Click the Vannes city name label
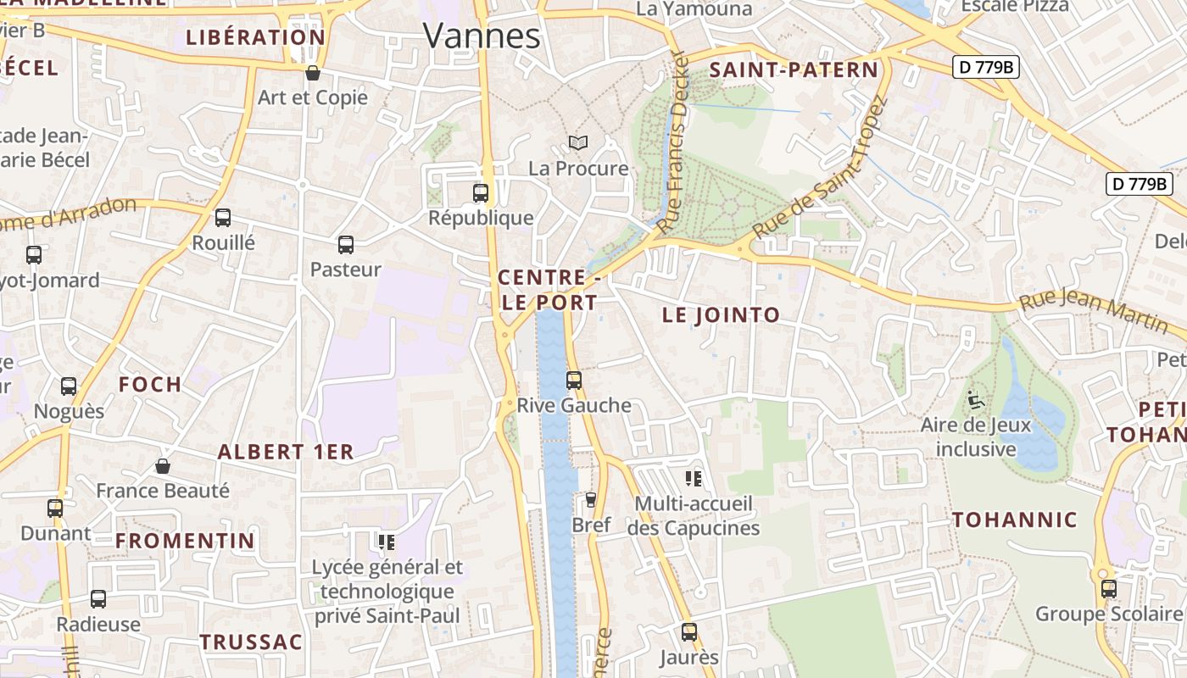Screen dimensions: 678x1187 482,36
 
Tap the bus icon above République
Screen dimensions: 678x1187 481,193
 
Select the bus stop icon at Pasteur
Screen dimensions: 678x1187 346,245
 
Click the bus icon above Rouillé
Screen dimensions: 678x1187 223,218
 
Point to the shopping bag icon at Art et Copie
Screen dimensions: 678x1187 313,74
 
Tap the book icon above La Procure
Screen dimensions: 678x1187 578,143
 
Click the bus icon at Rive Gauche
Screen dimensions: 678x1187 574,381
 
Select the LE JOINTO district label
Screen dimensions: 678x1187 721,315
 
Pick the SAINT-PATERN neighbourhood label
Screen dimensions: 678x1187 794,70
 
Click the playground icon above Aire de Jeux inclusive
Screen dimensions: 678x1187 976,399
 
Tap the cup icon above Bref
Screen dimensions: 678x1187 591,500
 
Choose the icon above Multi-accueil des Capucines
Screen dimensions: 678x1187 694,479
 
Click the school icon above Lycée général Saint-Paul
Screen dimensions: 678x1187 387,542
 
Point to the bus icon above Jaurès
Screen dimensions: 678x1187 689,631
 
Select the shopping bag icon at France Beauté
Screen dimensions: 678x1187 163,466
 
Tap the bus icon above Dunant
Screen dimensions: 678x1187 55,508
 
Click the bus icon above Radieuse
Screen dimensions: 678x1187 98,599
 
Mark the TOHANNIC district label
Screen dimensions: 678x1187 1015,520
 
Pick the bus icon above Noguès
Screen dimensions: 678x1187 69,386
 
